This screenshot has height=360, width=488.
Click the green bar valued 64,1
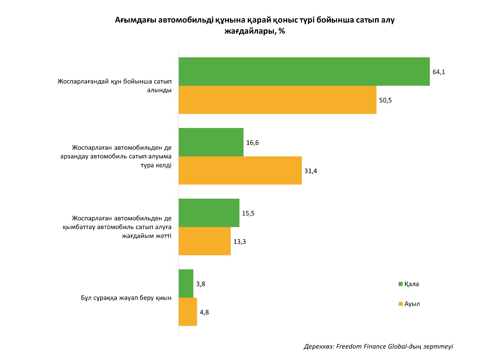coord(304,72)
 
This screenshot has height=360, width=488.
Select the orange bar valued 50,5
coord(277,100)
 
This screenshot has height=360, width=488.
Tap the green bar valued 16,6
coord(211,142)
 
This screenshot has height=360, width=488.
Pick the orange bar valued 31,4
coord(240,170)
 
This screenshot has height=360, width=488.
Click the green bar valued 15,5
coord(209,213)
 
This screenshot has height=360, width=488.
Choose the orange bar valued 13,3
coord(205,241)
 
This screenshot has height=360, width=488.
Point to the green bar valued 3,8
coord(186,284)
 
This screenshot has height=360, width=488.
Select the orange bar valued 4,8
coord(187,312)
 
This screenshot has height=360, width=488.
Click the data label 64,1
coord(439,72)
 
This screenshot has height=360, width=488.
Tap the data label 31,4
coord(311,171)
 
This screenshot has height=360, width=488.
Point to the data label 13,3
coord(239,242)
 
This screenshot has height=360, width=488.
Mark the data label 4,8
coord(204,312)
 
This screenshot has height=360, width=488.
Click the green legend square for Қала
coord(401,284)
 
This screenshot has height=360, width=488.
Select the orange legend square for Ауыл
coord(401,304)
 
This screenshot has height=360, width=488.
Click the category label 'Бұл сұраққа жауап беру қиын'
coord(126,298)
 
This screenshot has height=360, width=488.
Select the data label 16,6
coord(252,143)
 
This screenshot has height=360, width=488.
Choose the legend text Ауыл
coord(412,304)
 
